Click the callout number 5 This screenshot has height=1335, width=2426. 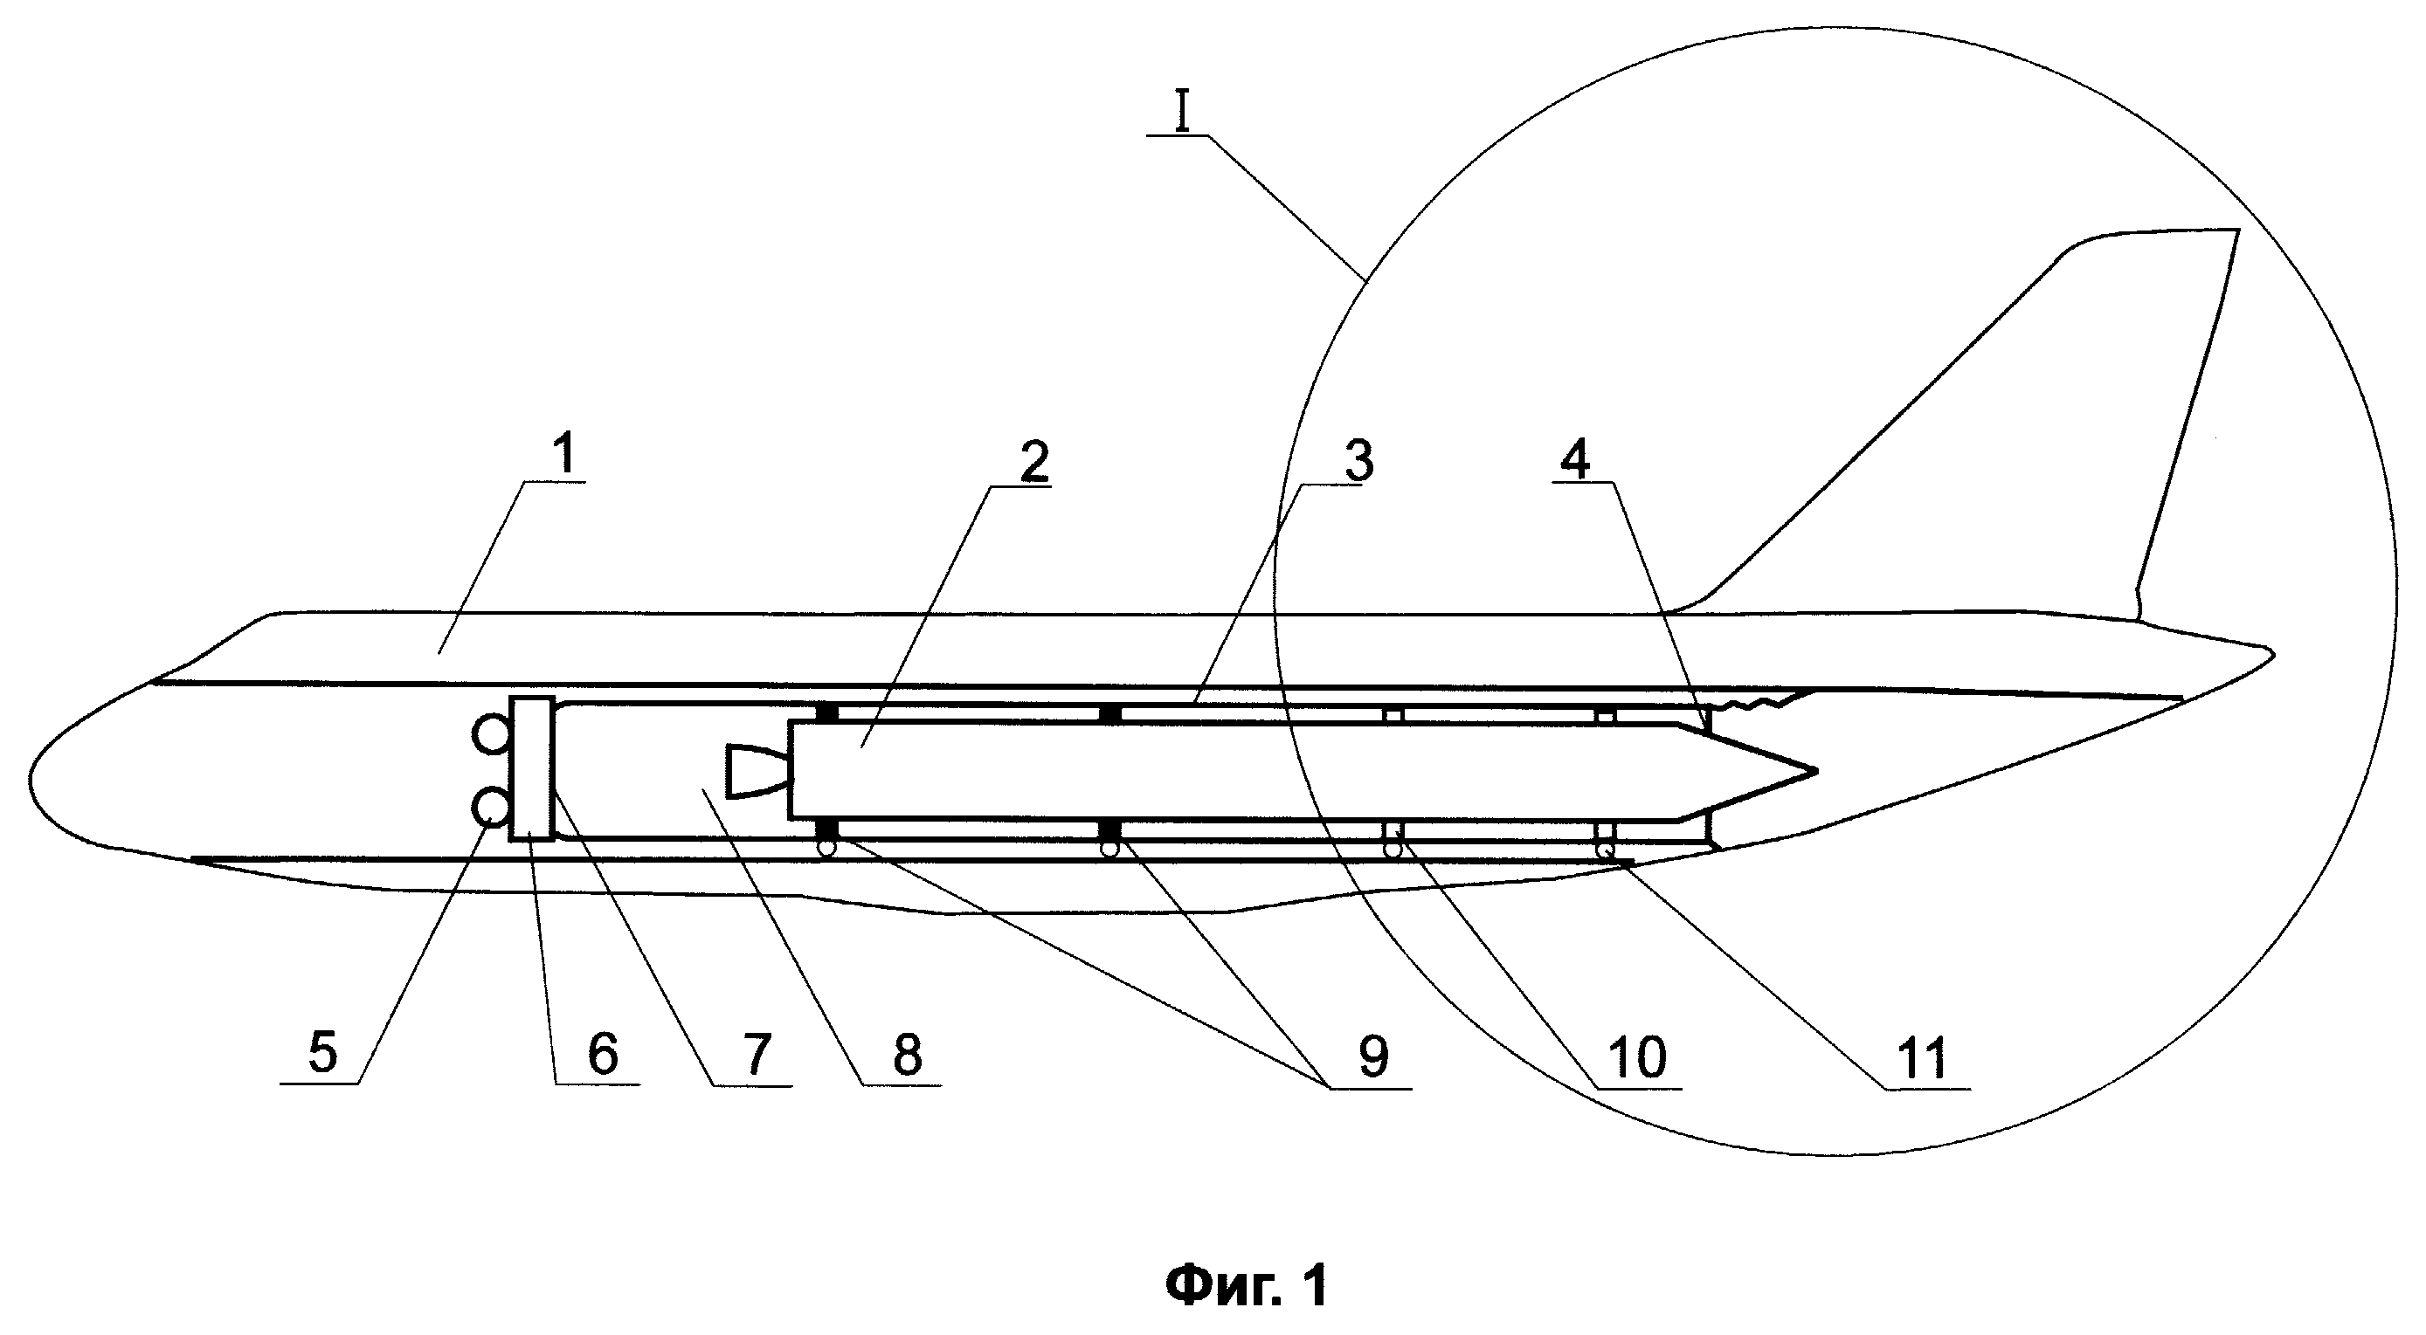[322, 1053]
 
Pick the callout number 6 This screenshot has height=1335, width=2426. [603, 1053]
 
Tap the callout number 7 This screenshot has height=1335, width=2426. [757, 1053]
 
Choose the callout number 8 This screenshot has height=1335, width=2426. [907, 1053]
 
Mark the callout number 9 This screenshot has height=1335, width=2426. [1373, 1056]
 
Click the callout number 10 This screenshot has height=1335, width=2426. [1638, 1056]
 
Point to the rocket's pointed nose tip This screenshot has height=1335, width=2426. [1815, 772]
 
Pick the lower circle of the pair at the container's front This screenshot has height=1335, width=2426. [493, 807]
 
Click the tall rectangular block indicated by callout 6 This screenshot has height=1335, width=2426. [532, 768]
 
